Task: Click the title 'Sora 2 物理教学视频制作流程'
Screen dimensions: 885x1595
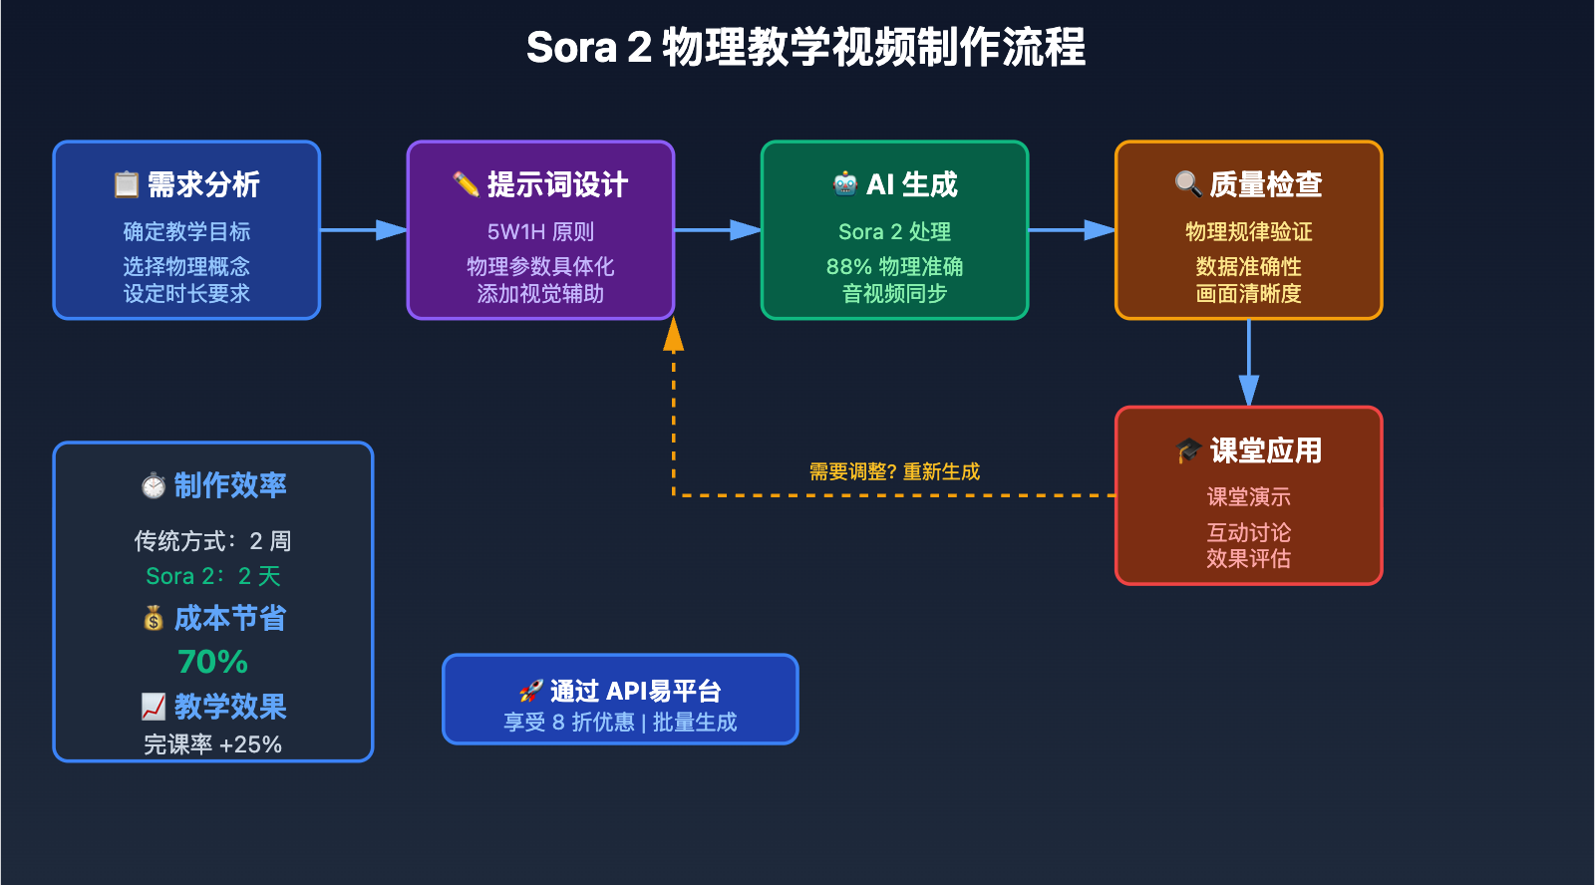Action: [x=805, y=48]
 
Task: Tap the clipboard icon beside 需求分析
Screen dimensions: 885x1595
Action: [x=127, y=184]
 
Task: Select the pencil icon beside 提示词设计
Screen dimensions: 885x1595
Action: [x=466, y=184]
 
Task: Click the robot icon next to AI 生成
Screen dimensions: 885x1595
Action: [x=845, y=183]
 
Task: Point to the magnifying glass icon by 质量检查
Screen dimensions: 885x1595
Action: [x=1187, y=183]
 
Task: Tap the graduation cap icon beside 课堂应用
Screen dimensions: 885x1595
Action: [x=1188, y=450]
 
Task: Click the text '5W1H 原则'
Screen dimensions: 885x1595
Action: [x=540, y=232]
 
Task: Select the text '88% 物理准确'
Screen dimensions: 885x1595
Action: [x=894, y=267]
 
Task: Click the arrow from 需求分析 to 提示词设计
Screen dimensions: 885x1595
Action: [x=364, y=230]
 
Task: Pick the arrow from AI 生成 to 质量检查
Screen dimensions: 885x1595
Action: [x=1072, y=230]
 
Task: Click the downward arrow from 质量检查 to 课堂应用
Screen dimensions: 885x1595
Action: [x=1249, y=364]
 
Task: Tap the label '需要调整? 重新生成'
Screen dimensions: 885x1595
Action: [x=894, y=471]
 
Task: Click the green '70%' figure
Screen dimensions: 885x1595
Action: [x=212, y=662]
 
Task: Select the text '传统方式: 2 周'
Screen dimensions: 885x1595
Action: [x=212, y=541]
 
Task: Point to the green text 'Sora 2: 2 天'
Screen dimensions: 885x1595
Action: [x=212, y=576]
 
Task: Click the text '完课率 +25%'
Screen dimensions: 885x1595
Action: [x=212, y=744]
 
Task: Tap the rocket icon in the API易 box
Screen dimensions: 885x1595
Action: [x=530, y=691]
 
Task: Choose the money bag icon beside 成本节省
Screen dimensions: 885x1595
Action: [x=154, y=619]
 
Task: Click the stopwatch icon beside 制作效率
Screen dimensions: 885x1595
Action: [x=154, y=485]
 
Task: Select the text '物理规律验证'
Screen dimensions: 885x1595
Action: [x=1248, y=232]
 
